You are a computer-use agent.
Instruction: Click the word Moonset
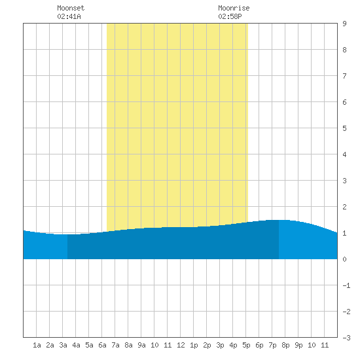point(71,8)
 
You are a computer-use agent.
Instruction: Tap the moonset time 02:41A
point(69,16)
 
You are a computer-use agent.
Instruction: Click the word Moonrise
point(234,8)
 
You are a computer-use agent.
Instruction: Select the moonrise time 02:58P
point(230,16)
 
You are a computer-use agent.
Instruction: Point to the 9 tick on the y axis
point(344,24)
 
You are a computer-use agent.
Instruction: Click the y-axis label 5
point(344,128)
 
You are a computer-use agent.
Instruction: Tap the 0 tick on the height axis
point(344,259)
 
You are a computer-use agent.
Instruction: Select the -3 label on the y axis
point(346,338)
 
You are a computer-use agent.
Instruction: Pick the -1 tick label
point(346,285)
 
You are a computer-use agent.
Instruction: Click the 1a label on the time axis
point(37,345)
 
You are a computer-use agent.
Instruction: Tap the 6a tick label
point(102,345)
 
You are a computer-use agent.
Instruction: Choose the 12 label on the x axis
point(181,345)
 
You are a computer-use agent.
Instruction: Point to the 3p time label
point(220,345)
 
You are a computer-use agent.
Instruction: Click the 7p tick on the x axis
point(272,345)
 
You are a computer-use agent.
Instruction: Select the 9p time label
point(298,345)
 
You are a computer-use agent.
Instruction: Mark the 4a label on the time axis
point(76,345)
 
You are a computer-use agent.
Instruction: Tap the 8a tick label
point(128,345)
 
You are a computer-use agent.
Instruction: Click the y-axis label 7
point(344,76)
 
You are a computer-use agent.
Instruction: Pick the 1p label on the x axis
point(194,345)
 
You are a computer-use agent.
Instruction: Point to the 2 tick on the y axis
point(344,207)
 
